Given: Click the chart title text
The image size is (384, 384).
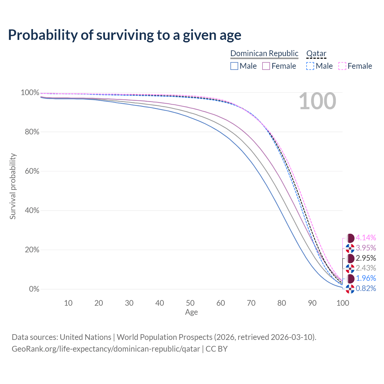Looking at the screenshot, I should pyautogui.click(x=124, y=35).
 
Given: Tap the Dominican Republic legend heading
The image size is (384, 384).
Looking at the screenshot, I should pyautogui.click(x=264, y=53).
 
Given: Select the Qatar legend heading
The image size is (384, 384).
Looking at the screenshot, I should pyautogui.click(x=316, y=53).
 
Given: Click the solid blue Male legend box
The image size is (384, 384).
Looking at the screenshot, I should pyautogui.click(x=234, y=66).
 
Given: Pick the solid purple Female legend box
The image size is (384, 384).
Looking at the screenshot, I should pyautogui.click(x=266, y=66).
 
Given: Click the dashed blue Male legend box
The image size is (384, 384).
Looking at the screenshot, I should pyautogui.click(x=310, y=66).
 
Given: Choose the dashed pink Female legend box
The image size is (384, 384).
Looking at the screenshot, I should pyautogui.click(x=342, y=66).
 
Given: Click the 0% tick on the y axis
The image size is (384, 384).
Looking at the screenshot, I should pyautogui.click(x=34, y=289).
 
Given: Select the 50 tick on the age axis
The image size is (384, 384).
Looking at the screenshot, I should pyautogui.click(x=190, y=303).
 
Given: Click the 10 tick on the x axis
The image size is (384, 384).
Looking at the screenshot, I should pyautogui.click(x=68, y=303).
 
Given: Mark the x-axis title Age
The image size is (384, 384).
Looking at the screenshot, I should pyautogui.click(x=191, y=312).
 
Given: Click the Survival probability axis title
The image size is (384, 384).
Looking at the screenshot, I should pyautogui.click(x=13, y=186).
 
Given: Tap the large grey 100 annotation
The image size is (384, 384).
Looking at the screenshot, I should pyautogui.click(x=317, y=101).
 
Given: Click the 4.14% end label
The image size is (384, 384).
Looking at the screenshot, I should pyautogui.click(x=366, y=238).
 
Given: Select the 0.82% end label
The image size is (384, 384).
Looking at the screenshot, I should pyautogui.click(x=366, y=289).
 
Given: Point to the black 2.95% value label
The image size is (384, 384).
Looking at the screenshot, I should pyautogui.click(x=366, y=258).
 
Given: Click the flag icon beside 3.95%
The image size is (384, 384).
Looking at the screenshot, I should pyautogui.click(x=350, y=248).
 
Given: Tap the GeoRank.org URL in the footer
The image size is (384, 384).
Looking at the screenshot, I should pyautogui.click(x=106, y=349).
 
